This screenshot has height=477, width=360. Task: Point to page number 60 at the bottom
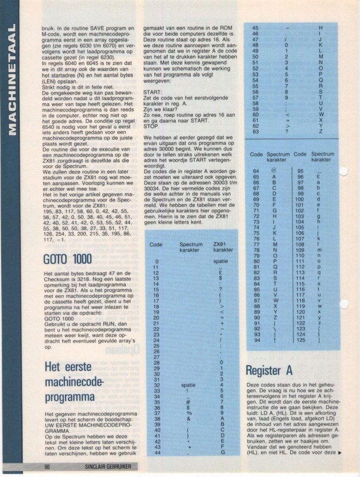(46, 467)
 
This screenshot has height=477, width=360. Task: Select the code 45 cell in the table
(255, 28)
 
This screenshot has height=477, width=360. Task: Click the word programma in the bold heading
(67, 396)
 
